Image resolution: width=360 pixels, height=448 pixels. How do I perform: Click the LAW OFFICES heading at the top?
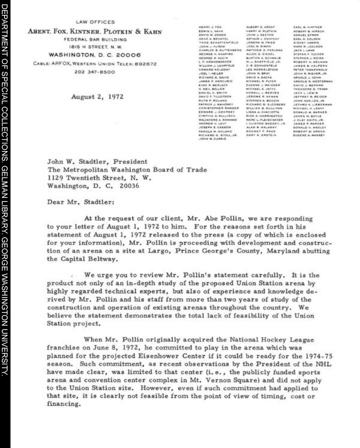tap(95, 22)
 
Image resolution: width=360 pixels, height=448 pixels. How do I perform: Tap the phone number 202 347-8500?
tap(95, 72)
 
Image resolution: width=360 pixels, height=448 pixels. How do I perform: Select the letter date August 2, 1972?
tap(97, 97)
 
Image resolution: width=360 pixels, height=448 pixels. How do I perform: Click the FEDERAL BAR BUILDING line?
tap(95, 40)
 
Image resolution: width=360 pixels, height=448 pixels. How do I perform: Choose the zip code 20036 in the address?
tap(129, 186)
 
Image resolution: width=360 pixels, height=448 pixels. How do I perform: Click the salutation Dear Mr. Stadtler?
tap(80, 202)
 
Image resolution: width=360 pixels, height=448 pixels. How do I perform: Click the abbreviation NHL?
tap(325, 364)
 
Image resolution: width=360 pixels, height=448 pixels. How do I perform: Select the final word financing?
tap(63, 404)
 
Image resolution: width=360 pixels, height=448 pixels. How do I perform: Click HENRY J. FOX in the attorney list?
tap(210, 27)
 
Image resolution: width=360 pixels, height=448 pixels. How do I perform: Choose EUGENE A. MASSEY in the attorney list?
tap(310, 135)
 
